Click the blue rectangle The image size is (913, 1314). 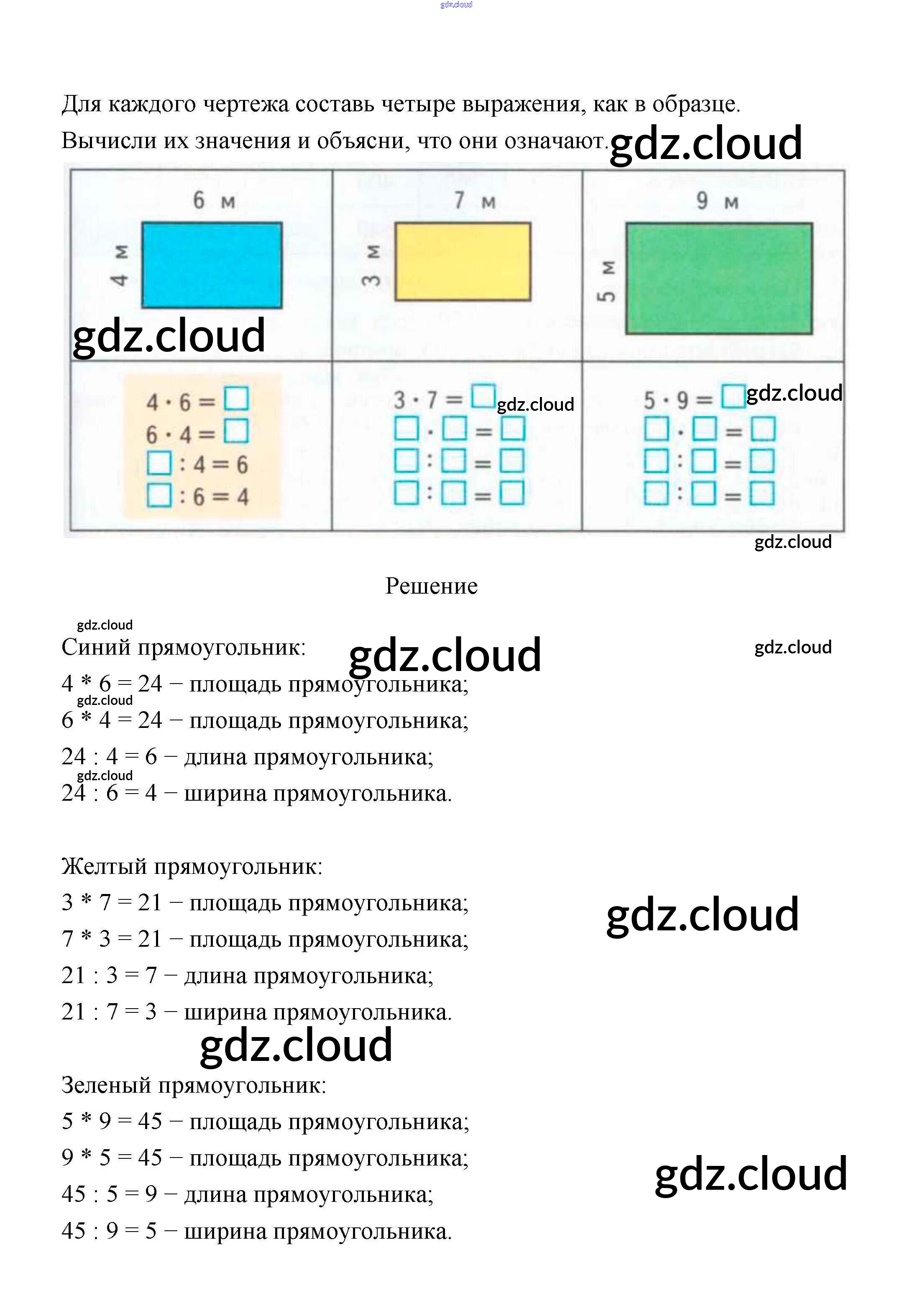[212, 265]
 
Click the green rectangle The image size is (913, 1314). [719, 278]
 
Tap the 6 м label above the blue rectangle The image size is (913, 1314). [213, 200]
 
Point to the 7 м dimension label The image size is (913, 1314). [474, 200]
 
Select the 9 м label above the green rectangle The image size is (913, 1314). [717, 201]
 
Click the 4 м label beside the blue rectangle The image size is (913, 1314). [120, 265]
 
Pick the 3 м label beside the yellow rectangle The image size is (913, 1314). [372, 265]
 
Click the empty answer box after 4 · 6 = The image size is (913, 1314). [236, 399]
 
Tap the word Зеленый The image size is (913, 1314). [106, 1085]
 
